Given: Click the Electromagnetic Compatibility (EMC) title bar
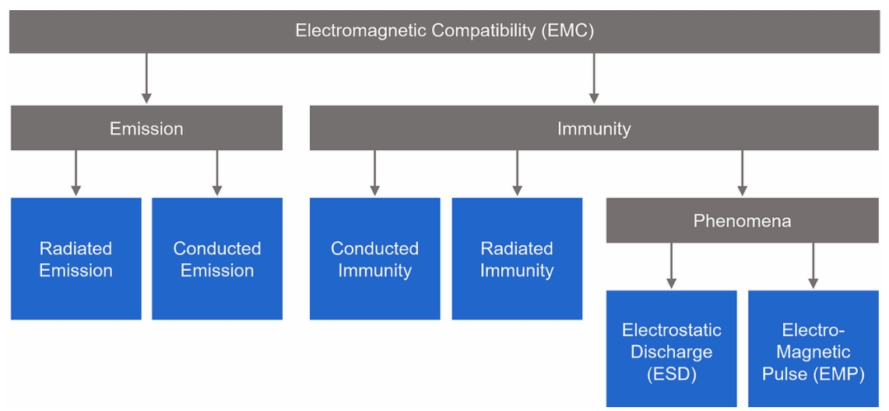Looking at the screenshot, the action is pyautogui.click(x=444, y=31).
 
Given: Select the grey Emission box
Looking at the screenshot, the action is pyautogui.click(x=146, y=128).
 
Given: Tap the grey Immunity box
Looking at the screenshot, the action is pyautogui.click(x=594, y=128).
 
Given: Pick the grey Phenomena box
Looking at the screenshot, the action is pyautogui.click(x=742, y=220).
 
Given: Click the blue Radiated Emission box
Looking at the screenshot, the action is pyautogui.click(x=76, y=258).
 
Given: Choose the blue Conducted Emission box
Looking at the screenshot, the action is pyautogui.click(x=217, y=258).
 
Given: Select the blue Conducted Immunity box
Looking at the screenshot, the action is pyautogui.click(x=374, y=258).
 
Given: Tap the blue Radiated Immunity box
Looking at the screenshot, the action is pyautogui.click(x=517, y=258).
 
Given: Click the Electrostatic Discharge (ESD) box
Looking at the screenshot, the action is pyautogui.click(x=671, y=349).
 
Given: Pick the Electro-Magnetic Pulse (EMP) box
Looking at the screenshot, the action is pyautogui.click(x=813, y=349).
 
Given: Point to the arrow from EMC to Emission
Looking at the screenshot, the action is pyautogui.click(x=146, y=79).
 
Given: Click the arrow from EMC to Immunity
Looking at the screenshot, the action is pyautogui.click(x=594, y=79).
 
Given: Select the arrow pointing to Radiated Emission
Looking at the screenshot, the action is pyautogui.click(x=76, y=173).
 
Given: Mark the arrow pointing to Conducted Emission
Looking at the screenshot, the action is pyautogui.click(x=217, y=173).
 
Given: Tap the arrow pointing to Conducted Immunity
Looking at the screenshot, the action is pyautogui.click(x=374, y=173).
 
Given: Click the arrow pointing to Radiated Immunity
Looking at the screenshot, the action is pyautogui.click(x=517, y=173).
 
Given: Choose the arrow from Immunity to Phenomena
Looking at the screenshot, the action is pyautogui.click(x=742, y=173).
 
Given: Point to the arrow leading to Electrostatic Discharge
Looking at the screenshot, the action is pyautogui.click(x=671, y=265).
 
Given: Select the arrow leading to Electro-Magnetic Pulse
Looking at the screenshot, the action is pyautogui.click(x=813, y=265).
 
